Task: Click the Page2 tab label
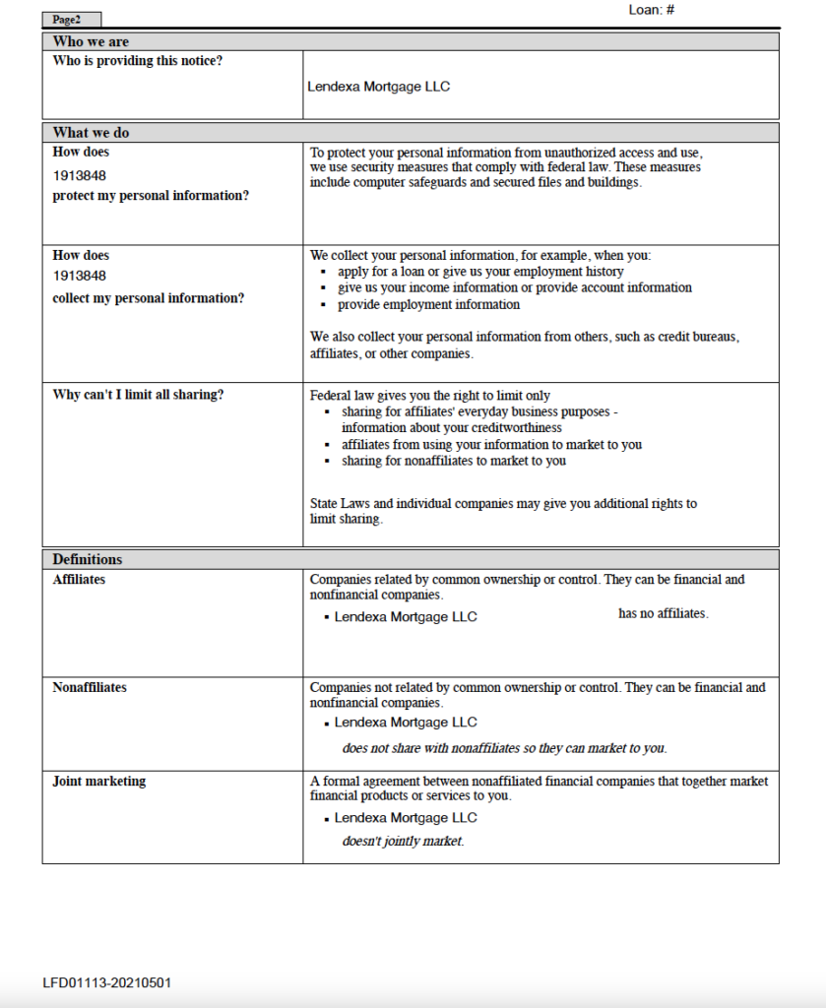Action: [67, 20]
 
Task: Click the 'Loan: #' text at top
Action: [650, 10]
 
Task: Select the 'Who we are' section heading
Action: [91, 41]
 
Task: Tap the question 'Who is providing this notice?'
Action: [138, 61]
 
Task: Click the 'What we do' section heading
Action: [91, 133]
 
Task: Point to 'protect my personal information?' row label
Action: [151, 196]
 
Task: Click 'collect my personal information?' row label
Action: [148, 298]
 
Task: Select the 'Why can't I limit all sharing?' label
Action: [138, 395]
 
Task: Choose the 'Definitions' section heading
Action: [88, 559]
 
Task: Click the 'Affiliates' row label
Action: [79, 580]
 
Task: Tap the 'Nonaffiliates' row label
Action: [90, 687]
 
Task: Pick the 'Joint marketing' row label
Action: [98, 781]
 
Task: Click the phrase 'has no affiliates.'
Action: [663, 613]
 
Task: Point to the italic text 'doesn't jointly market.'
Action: [403, 842]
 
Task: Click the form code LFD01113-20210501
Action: [107, 982]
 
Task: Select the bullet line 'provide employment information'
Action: [428, 304]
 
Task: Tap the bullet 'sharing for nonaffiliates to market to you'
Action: [454, 461]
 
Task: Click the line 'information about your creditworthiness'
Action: [452, 428]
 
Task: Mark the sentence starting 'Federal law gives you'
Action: [430, 396]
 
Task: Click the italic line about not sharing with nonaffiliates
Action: [504, 748]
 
